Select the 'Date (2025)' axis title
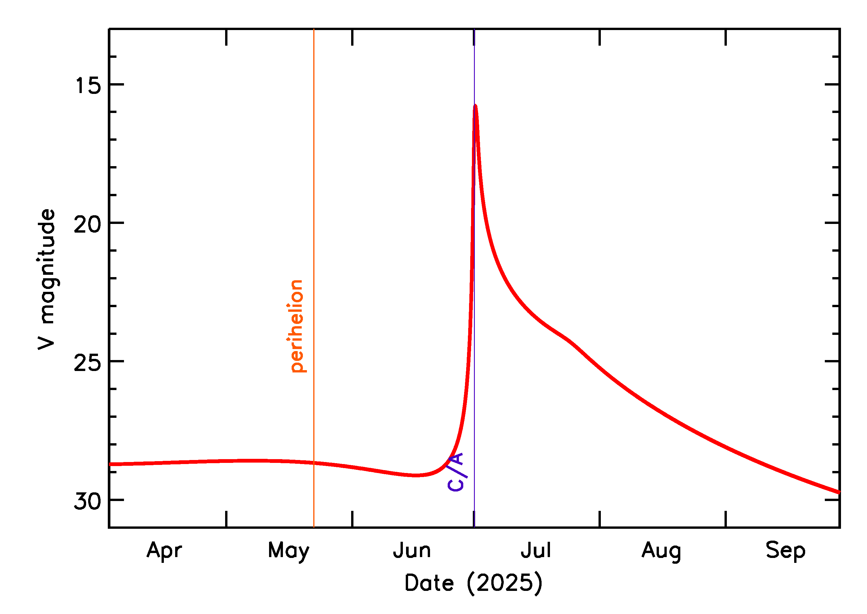[473, 583]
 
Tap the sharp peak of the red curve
[475, 106]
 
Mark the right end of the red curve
[839, 492]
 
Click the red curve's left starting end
[110, 464]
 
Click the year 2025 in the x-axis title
[504, 583]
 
